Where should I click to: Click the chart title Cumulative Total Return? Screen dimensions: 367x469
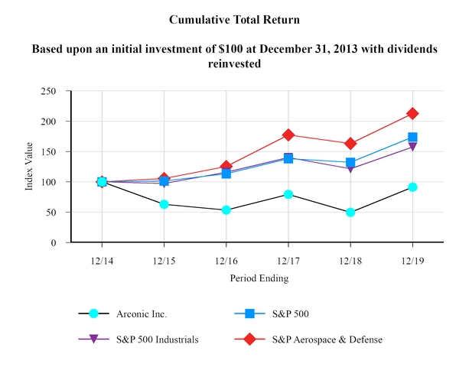(x=234, y=19)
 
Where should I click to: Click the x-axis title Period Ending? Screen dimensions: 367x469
(x=259, y=279)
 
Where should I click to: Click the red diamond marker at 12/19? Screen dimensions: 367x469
(x=413, y=113)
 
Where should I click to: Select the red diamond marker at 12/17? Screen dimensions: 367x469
(x=288, y=135)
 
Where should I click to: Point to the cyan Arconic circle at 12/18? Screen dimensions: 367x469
(x=350, y=213)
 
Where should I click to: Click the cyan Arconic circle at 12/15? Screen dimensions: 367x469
(x=164, y=204)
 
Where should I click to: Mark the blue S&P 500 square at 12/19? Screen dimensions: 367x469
(x=413, y=138)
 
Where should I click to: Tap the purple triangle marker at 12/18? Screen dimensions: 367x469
(x=350, y=168)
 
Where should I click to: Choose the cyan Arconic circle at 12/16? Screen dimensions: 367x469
(x=226, y=209)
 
